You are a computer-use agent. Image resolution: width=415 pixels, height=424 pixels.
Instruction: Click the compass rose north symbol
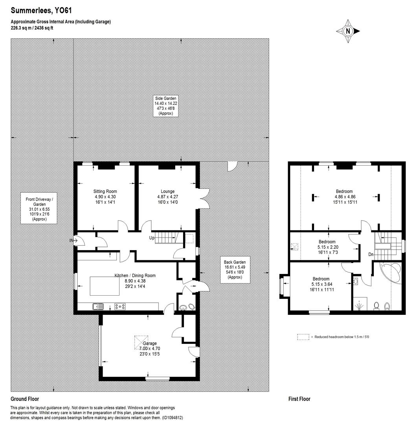coord(348,31)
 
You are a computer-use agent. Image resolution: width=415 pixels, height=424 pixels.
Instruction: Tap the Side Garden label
coord(165,106)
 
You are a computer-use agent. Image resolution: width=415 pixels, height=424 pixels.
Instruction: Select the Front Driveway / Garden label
coord(39,209)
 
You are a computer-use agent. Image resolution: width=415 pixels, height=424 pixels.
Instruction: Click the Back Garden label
coord(235,269)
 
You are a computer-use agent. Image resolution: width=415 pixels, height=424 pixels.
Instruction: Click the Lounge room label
coord(167,197)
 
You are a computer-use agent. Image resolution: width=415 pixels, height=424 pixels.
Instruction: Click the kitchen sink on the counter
coord(97,306)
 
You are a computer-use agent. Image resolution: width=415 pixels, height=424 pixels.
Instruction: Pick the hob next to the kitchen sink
coord(119,306)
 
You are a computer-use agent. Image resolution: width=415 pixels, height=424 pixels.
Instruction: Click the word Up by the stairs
coord(151,238)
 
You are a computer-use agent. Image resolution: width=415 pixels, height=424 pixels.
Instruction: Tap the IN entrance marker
coord(72,240)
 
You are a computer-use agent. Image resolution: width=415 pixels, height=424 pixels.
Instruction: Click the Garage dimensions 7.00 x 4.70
coord(150,348)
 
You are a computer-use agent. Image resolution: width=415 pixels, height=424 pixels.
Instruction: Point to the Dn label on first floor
coord(370,254)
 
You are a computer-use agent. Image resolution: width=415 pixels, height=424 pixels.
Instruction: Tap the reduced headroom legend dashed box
coord(303,337)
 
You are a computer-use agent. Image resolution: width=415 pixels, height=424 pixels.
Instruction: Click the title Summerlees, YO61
coord(41,11)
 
